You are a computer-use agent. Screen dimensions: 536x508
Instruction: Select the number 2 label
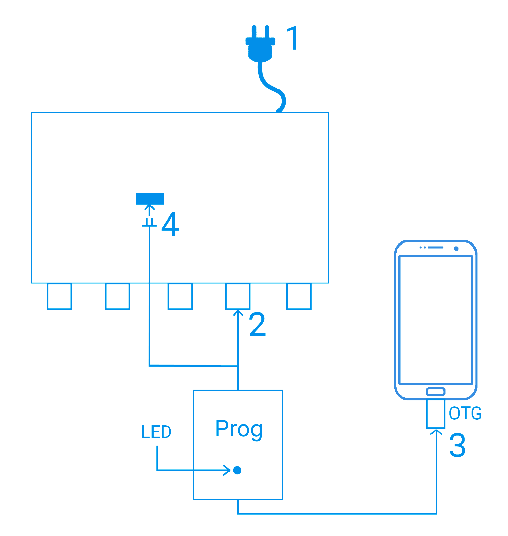point(258,325)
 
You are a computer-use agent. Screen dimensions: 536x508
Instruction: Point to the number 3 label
point(457,445)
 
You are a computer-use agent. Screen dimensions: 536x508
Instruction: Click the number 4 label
point(170,225)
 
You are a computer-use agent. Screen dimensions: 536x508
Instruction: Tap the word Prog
point(239,429)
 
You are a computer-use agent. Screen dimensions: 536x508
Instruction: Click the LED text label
point(157,433)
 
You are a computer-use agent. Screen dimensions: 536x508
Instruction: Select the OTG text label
point(465,413)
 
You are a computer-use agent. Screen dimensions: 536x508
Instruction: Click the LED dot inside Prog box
point(237,470)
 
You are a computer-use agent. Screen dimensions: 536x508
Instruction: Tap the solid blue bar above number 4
point(149,198)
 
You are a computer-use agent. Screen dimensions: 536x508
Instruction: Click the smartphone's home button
point(436,392)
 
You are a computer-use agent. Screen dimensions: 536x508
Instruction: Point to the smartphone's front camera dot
point(455,249)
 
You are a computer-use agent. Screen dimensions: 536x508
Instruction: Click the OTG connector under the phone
point(436,414)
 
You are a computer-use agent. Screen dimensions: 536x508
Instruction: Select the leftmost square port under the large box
point(59,297)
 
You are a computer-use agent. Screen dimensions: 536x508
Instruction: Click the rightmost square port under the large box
point(299,297)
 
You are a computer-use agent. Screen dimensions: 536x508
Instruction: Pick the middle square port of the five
point(180,297)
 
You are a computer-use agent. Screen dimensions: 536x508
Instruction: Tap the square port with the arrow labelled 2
point(238,297)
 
